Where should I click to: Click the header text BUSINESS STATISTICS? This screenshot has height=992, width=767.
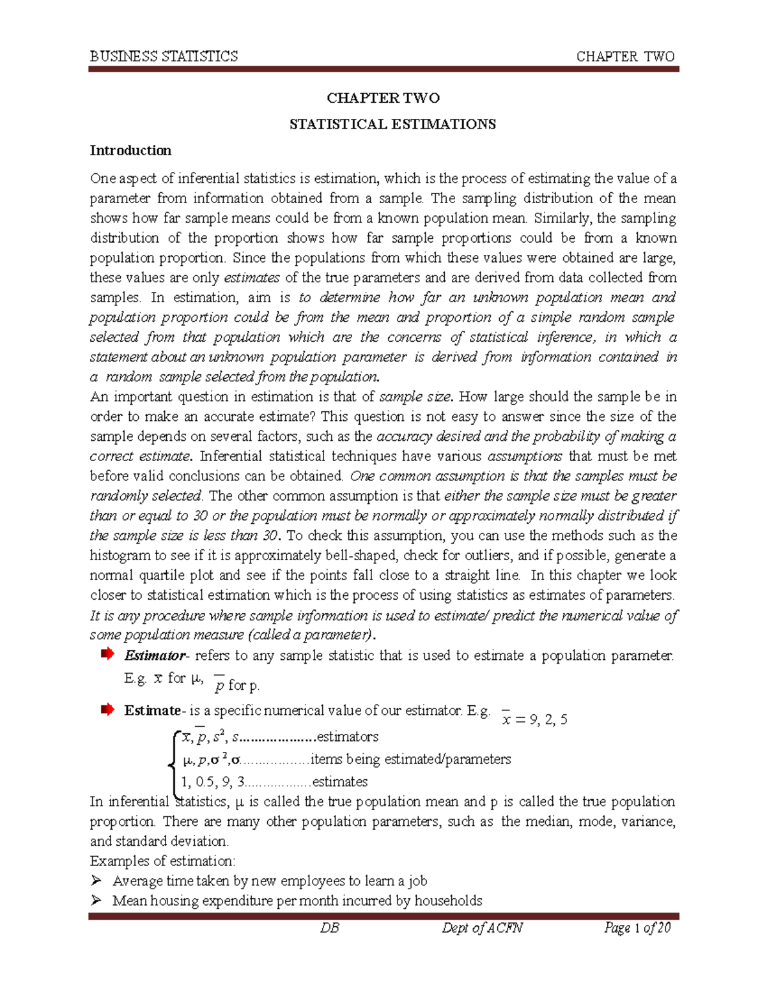point(164,56)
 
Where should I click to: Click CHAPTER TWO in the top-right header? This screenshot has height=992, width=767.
point(625,56)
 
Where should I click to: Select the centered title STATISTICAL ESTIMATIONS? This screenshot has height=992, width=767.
point(392,124)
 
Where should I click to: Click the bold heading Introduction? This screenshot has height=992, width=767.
point(130,151)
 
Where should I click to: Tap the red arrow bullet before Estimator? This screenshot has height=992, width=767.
point(107,654)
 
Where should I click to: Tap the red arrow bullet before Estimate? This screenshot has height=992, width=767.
point(107,709)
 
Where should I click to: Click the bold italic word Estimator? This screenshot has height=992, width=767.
point(154,655)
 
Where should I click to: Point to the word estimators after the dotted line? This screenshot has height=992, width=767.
point(348,736)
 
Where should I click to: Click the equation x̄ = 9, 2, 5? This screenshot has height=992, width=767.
point(534,719)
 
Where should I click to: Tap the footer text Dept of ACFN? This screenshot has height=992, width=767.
point(482,927)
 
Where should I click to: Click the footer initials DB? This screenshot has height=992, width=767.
point(330,927)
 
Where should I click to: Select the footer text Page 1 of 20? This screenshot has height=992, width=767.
point(637,927)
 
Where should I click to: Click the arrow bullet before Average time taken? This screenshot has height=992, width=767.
point(96,881)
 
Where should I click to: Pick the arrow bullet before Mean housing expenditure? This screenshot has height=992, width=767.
point(96,901)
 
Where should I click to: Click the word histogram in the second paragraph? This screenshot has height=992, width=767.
point(120,556)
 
